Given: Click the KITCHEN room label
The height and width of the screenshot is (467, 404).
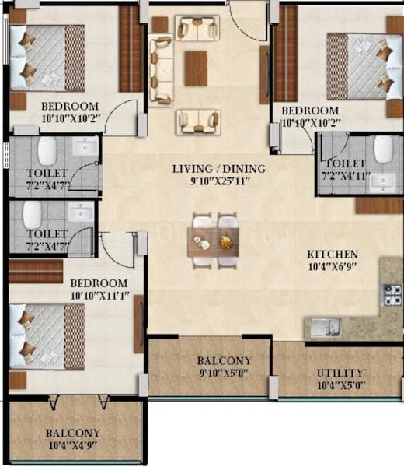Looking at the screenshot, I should click(333, 255).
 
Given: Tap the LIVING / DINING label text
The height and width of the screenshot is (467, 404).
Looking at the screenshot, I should click(218, 169).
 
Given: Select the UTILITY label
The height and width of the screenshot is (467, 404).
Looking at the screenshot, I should click(340, 374).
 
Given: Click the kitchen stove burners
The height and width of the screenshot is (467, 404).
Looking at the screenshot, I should click(391, 294).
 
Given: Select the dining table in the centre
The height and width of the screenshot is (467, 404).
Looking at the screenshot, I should click(213, 242).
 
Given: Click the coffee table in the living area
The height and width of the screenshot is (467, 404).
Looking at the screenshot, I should click(196, 68).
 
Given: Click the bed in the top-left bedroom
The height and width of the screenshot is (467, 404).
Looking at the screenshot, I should click(47, 58).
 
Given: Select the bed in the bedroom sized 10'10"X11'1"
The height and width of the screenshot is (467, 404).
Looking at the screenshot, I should click(47, 335).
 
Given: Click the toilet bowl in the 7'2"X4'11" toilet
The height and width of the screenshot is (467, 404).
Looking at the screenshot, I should click(382, 149).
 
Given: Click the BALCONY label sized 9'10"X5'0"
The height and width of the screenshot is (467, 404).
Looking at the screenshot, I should click(224, 361).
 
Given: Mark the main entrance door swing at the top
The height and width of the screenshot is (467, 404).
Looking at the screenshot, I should click(250, 21).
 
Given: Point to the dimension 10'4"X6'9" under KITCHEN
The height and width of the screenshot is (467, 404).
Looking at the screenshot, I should click(333, 268).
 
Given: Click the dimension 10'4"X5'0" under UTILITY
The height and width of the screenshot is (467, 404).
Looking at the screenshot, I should click(340, 386).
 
